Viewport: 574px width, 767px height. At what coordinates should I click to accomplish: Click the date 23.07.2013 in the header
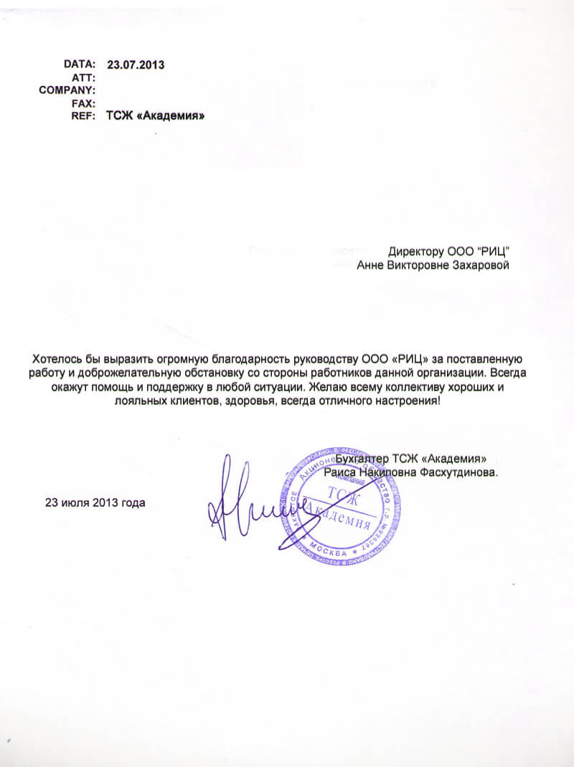click(136, 65)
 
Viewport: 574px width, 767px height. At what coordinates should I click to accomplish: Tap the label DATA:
click(80, 65)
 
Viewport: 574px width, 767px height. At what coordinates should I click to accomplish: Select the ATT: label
click(84, 77)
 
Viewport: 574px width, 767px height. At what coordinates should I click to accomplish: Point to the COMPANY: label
click(67, 90)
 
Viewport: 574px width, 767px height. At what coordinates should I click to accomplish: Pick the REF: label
click(83, 116)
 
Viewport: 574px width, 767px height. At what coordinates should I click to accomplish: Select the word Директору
click(416, 252)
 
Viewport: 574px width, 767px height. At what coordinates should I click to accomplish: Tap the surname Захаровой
click(478, 266)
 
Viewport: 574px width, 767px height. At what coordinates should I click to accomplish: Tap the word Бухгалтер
click(362, 459)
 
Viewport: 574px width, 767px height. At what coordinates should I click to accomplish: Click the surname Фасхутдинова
click(462, 473)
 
